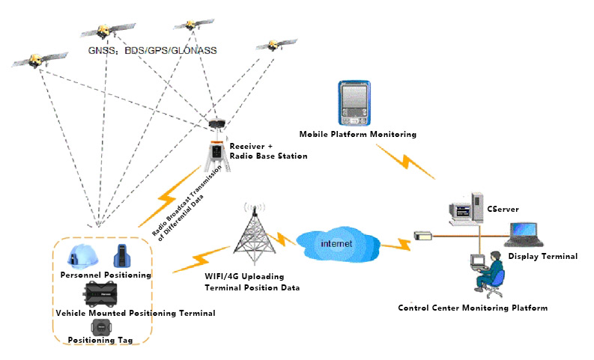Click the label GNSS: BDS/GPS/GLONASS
point(152,51)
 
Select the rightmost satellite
point(271,44)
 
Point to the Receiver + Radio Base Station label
point(268,150)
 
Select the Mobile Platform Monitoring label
point(357,134)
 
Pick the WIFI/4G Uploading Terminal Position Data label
point(252,282)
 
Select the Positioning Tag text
point(100,341)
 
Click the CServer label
point(502,209)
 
